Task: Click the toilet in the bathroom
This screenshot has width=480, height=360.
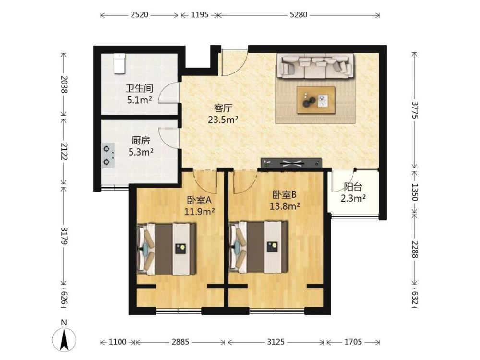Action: (x=119, y=64)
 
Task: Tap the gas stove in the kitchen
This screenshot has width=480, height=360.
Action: (x=108, y=155)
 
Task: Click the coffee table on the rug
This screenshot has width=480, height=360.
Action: (x=316, y=100)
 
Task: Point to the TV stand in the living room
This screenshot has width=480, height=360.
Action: (x=291, y=163)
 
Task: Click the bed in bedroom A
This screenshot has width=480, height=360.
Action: (x=166, y=249)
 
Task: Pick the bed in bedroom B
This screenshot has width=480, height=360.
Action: (x=258, y=247)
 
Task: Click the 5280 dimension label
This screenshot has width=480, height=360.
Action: (x=299, y=15)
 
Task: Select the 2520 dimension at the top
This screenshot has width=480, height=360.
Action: (x=140, y=15)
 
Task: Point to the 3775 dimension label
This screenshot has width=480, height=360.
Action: (x=415, y=110)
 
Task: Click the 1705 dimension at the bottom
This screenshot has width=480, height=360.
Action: (x=353, y=342)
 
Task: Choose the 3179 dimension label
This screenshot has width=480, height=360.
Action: (x=64, y=236)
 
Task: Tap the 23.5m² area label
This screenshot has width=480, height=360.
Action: (x=223, y=120)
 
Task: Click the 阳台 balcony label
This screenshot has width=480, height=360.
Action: (x=353, y=187)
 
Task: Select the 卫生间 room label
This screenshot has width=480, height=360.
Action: (x=140, y=89)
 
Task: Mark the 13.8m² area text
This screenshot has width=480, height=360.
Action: (x=284, y=206)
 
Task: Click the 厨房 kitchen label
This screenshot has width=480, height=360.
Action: (x=141, y=141)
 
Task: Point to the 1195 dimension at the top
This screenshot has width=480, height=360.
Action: (x=200, y=15)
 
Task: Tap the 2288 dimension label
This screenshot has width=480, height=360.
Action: (x=415, y=250)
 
